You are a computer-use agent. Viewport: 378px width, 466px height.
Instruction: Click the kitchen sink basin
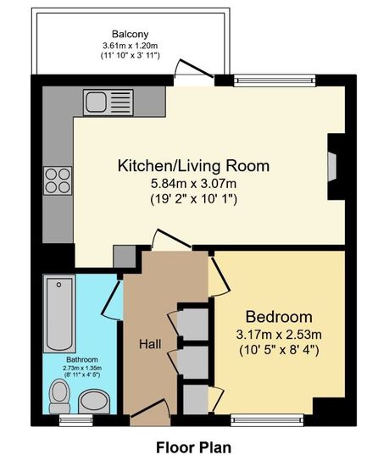96,103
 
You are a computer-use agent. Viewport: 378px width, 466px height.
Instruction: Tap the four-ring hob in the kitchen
58,180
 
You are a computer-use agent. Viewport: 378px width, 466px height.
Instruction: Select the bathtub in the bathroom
59,313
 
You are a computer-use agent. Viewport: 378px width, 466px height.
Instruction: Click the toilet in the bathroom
59,397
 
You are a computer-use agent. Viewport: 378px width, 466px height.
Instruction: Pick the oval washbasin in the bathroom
94,402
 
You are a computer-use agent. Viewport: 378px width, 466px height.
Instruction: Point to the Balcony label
131,34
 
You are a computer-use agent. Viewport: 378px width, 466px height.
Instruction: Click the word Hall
150,344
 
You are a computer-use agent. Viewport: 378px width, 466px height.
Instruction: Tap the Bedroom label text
279,317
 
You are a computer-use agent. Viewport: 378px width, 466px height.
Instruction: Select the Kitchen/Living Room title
194,165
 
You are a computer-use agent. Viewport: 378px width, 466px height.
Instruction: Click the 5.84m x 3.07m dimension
194,183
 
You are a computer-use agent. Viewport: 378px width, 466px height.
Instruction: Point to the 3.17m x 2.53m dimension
279,335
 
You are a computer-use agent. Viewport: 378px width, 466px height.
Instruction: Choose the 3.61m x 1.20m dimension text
131,46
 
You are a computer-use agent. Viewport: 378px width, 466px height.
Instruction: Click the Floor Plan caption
194,447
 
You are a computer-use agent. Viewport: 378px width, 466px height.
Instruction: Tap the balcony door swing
193,69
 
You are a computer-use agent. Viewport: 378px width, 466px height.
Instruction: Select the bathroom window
76,420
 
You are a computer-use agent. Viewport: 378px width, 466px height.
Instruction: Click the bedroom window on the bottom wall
268,420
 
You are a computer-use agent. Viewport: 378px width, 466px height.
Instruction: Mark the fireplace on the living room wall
336,166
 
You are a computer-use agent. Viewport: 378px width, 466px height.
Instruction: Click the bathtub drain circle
58,285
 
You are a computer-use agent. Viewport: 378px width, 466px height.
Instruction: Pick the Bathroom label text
82,359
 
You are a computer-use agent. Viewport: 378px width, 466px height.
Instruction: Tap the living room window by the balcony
275,80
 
